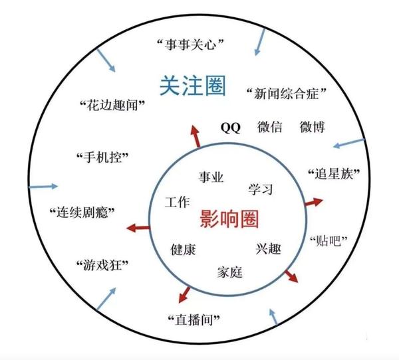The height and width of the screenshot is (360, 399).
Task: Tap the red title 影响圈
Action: point(229,219)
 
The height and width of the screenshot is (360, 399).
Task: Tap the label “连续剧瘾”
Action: point(82,213)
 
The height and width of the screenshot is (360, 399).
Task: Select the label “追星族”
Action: point(334,174)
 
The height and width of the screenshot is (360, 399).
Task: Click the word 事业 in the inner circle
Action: point(211,177)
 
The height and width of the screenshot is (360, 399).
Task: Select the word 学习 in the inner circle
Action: point(261,189)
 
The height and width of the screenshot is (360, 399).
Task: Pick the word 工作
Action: point(177,202)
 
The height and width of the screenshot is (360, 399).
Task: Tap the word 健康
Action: point(184,250)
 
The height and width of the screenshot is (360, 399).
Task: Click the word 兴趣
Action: point(269,250)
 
